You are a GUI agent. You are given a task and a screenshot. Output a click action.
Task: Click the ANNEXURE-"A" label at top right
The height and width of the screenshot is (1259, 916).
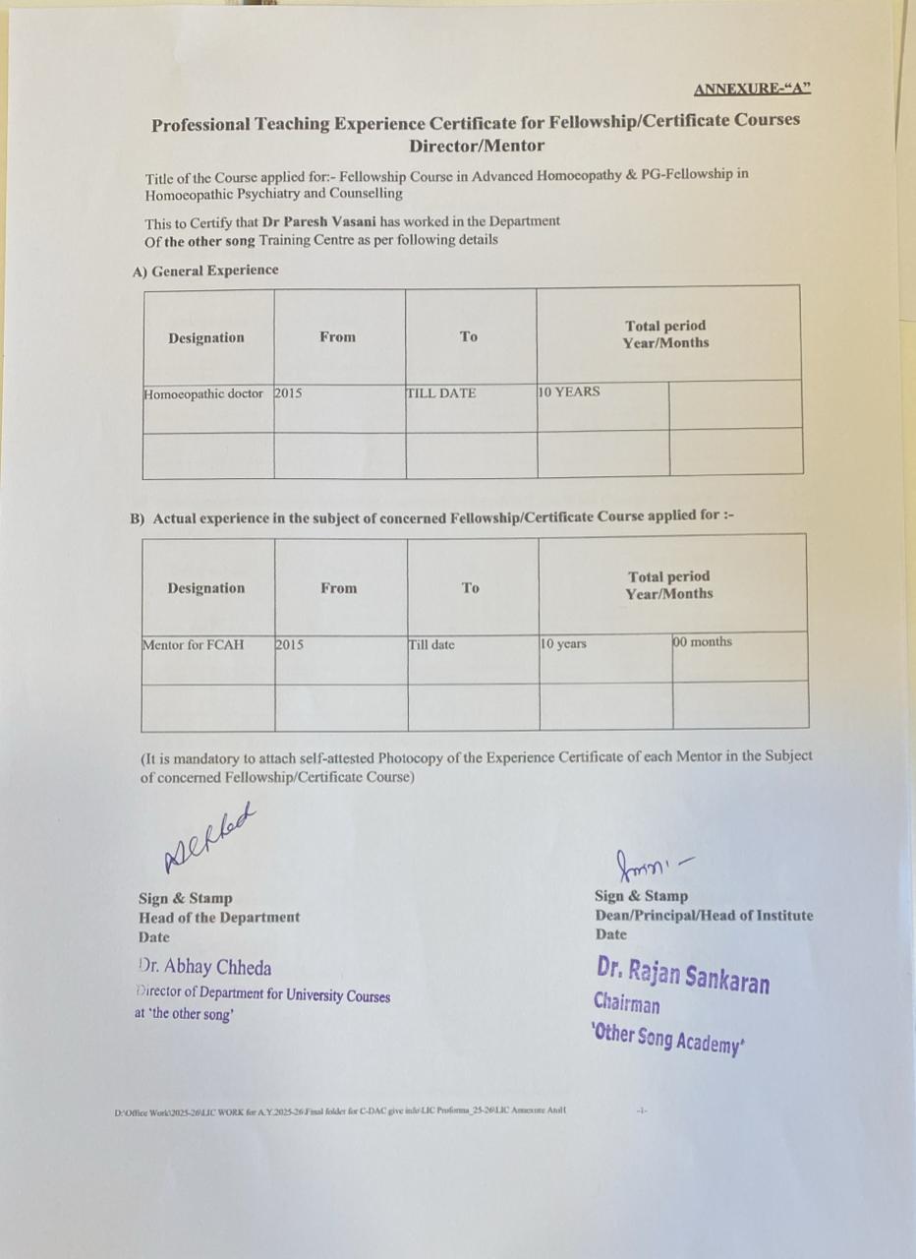(752, 90)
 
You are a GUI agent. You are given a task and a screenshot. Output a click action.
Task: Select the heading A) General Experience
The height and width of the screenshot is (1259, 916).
(205, 270)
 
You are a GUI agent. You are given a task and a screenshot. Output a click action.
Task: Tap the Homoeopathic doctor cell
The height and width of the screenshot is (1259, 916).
(203, 394)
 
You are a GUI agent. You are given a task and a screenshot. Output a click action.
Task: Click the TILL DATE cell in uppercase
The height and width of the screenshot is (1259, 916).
(441, 393)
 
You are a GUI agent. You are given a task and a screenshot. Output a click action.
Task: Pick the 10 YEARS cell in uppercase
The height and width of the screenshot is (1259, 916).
(569, 391)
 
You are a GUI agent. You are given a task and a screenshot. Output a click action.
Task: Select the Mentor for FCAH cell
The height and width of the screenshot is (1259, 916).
(194, 645)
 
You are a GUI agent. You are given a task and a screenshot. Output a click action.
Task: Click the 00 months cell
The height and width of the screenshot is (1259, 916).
(702, 642)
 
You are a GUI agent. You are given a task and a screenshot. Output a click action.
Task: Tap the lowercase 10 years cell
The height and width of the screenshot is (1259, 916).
(564, 644)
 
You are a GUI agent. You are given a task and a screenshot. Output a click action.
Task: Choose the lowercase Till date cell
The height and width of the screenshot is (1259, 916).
(431, 645)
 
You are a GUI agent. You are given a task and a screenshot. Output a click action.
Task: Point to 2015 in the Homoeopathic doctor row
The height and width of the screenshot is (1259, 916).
(288, 393)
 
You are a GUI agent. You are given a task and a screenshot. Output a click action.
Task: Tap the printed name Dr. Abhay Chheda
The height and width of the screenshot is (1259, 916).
(205, 968)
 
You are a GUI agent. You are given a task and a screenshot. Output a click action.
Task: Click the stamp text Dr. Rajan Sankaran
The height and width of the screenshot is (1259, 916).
(683, 974)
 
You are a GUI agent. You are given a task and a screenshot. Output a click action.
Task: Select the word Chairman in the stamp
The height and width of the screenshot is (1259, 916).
(626, 1004)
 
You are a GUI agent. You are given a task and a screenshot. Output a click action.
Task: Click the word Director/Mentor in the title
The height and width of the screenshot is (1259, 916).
(476, 146)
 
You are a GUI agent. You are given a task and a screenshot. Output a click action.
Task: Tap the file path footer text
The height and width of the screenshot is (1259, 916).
(339, 1111)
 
